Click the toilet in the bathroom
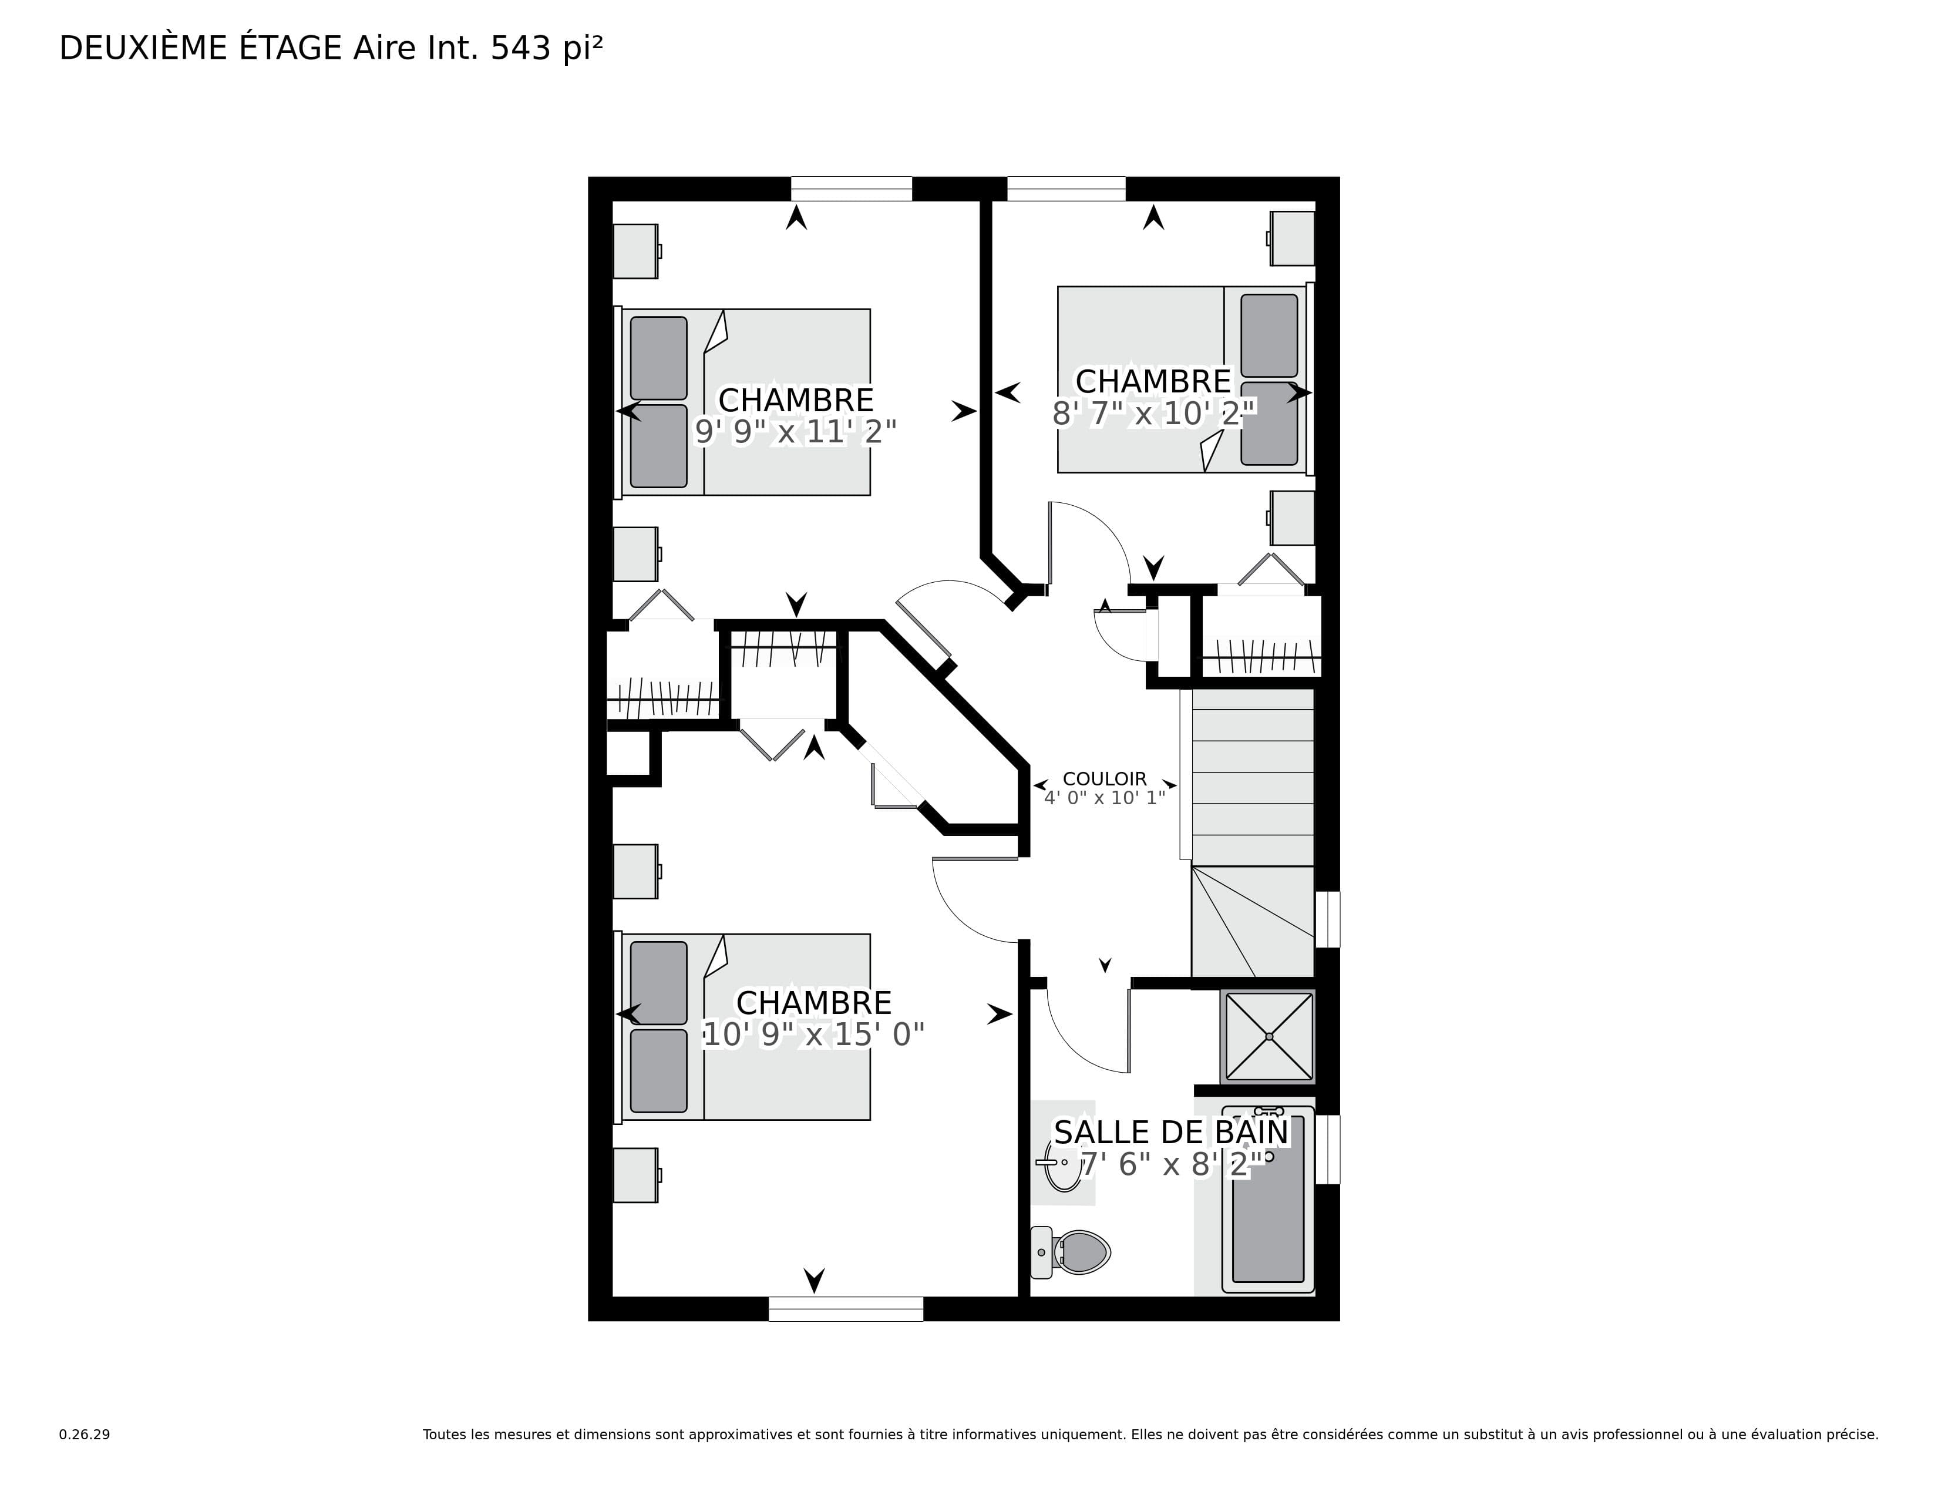[x=1070, y=1252]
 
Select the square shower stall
[x=1268, y=1036]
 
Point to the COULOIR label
[x=1105, y=778]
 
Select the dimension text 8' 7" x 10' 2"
[x=1153, y=412]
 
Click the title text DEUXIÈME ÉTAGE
[x=200, y=48]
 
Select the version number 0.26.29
[x=85, y=1434]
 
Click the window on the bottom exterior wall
[x=846, y=1309]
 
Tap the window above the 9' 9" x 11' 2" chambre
[x=851, y=189]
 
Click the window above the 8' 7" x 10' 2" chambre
[x=1066, y=189]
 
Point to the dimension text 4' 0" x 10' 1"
[x=1105, y=798]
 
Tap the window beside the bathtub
[x=1327, y=1149]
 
